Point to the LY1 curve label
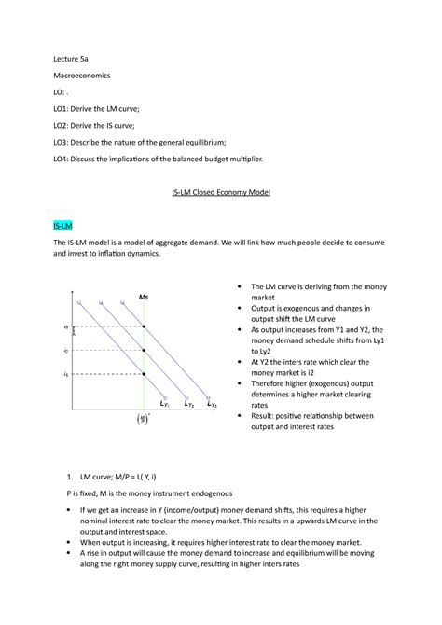pos(163,405)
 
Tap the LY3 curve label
pos(212,405)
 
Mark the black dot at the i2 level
pos(144,351)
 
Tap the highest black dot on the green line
pos(144,327)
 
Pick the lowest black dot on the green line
pos(144,374)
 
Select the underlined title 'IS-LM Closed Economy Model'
pos(220,193)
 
